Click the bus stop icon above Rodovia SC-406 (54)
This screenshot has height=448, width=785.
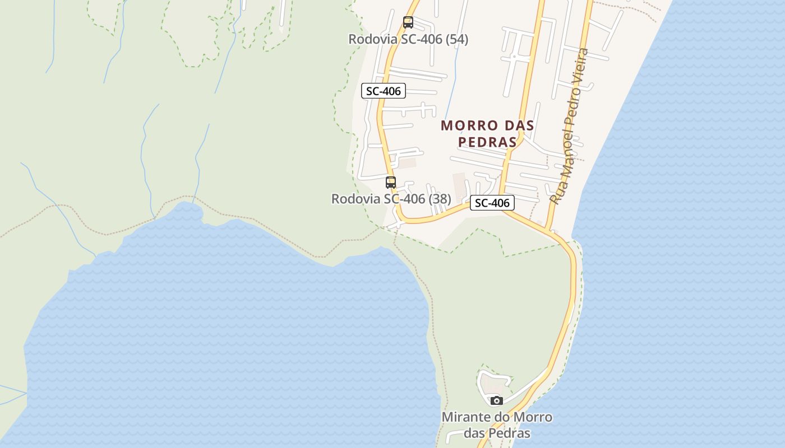tap(408, 22)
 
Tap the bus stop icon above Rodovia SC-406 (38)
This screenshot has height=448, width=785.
tap(391, 182)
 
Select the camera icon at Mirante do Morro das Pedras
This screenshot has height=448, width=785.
tap(496, 400)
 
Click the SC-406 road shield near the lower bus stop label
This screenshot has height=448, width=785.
tap(492, 203)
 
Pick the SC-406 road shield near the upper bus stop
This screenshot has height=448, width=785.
tap(384, 91)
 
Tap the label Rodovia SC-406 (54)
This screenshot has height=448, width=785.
tap(408, 39)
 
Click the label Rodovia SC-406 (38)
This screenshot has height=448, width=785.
tap(391, 199)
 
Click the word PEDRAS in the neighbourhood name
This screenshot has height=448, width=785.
tap(487, 142)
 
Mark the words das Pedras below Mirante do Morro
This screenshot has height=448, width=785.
tap(497, 433)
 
